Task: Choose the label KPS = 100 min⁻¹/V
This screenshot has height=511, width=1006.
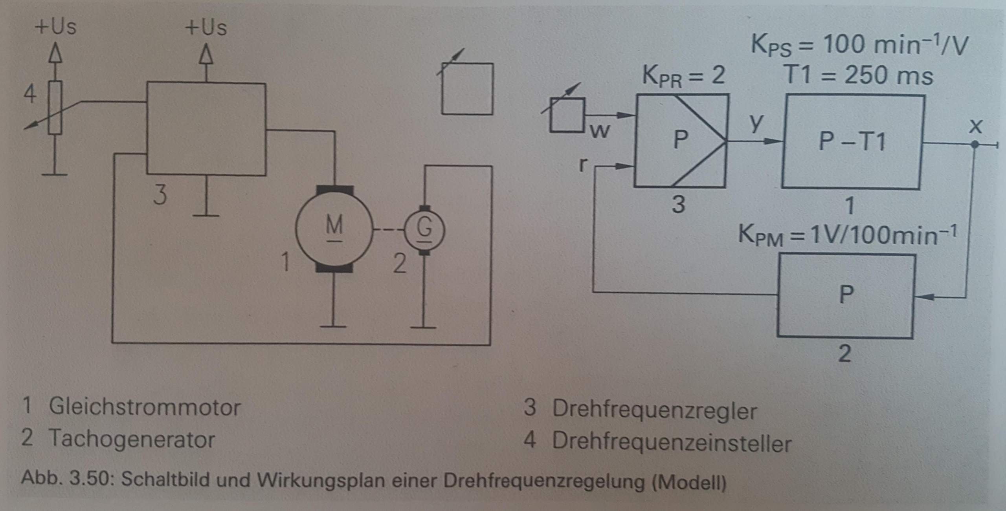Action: [859, 45]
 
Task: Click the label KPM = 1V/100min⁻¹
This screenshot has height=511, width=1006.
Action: [847, 236]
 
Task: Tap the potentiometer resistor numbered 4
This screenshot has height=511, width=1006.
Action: [55, 107]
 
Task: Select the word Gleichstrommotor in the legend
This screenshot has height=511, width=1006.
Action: [144, 407]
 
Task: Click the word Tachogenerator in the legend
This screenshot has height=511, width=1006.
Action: [132, 439]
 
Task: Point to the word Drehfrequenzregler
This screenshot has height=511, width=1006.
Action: [654, 410]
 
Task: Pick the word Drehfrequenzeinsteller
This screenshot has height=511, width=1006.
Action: [672, 443]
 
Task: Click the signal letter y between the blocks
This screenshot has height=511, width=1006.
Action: [755, 123]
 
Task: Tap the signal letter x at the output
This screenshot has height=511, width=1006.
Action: [975, 126]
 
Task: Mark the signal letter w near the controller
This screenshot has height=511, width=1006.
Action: [600, 131]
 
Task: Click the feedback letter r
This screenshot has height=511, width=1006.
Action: [583, 165]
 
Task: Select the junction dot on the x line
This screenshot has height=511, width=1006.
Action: [974, 145]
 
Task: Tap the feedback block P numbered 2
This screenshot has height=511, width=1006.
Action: [846, 295]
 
